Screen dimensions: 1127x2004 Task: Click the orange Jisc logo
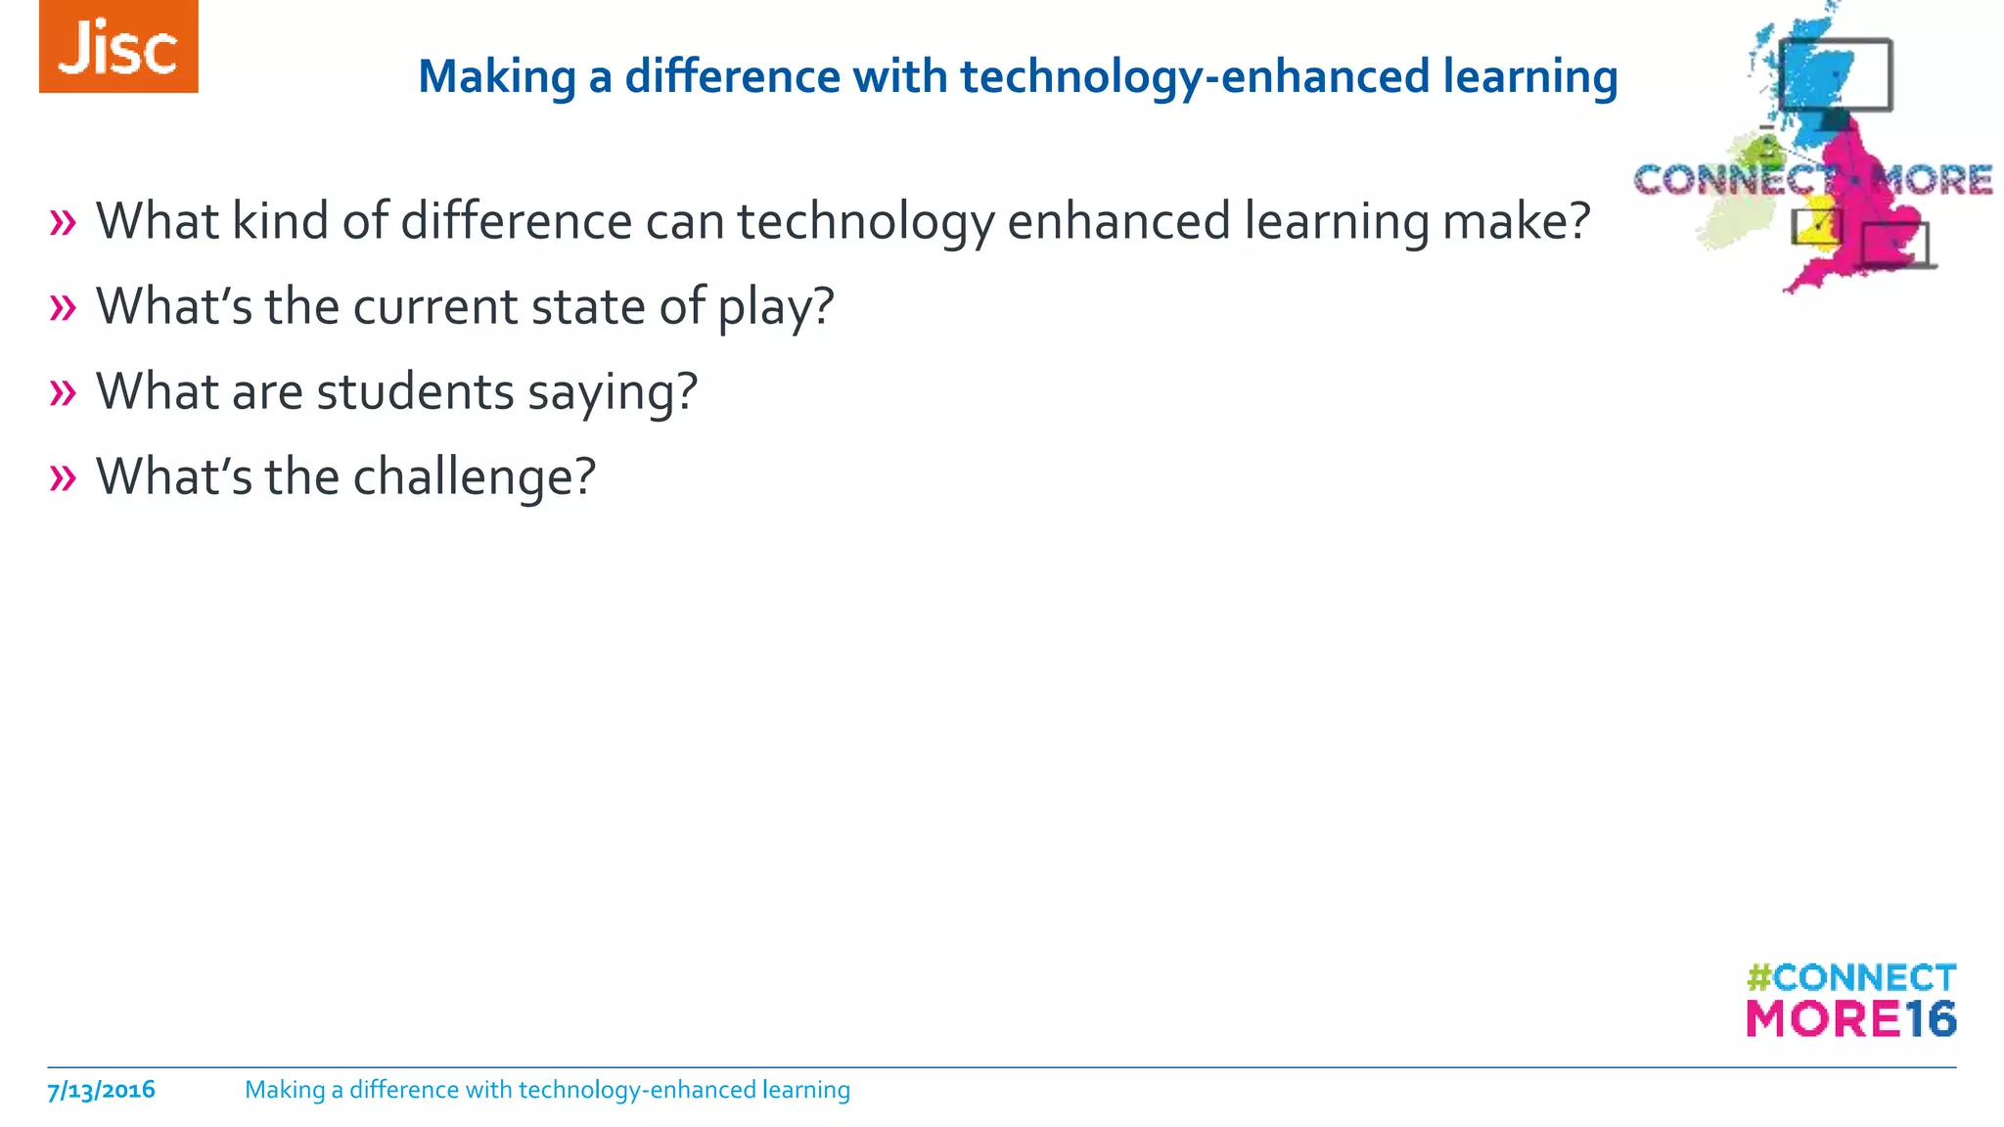pos(118,47)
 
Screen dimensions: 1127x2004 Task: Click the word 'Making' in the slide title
pos(496,77)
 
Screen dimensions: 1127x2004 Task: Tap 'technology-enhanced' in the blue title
pos(1087,77)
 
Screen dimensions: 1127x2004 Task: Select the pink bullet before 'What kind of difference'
pos(63,223)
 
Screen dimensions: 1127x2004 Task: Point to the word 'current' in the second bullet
pos(434,307)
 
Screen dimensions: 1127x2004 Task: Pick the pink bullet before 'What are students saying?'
pos(63,393)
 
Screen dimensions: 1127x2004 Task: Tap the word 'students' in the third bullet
pos(415,391)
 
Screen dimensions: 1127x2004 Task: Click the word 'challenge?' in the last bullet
pos(474,477)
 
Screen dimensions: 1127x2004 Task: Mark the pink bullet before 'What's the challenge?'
pos(63,478)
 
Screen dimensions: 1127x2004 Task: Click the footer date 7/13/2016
pos(101,1090)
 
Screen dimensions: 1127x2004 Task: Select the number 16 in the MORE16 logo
pos(1930,1019)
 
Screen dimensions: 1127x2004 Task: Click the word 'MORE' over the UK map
pos(1932,180)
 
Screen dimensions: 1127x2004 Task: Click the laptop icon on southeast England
pos(1896,246)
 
